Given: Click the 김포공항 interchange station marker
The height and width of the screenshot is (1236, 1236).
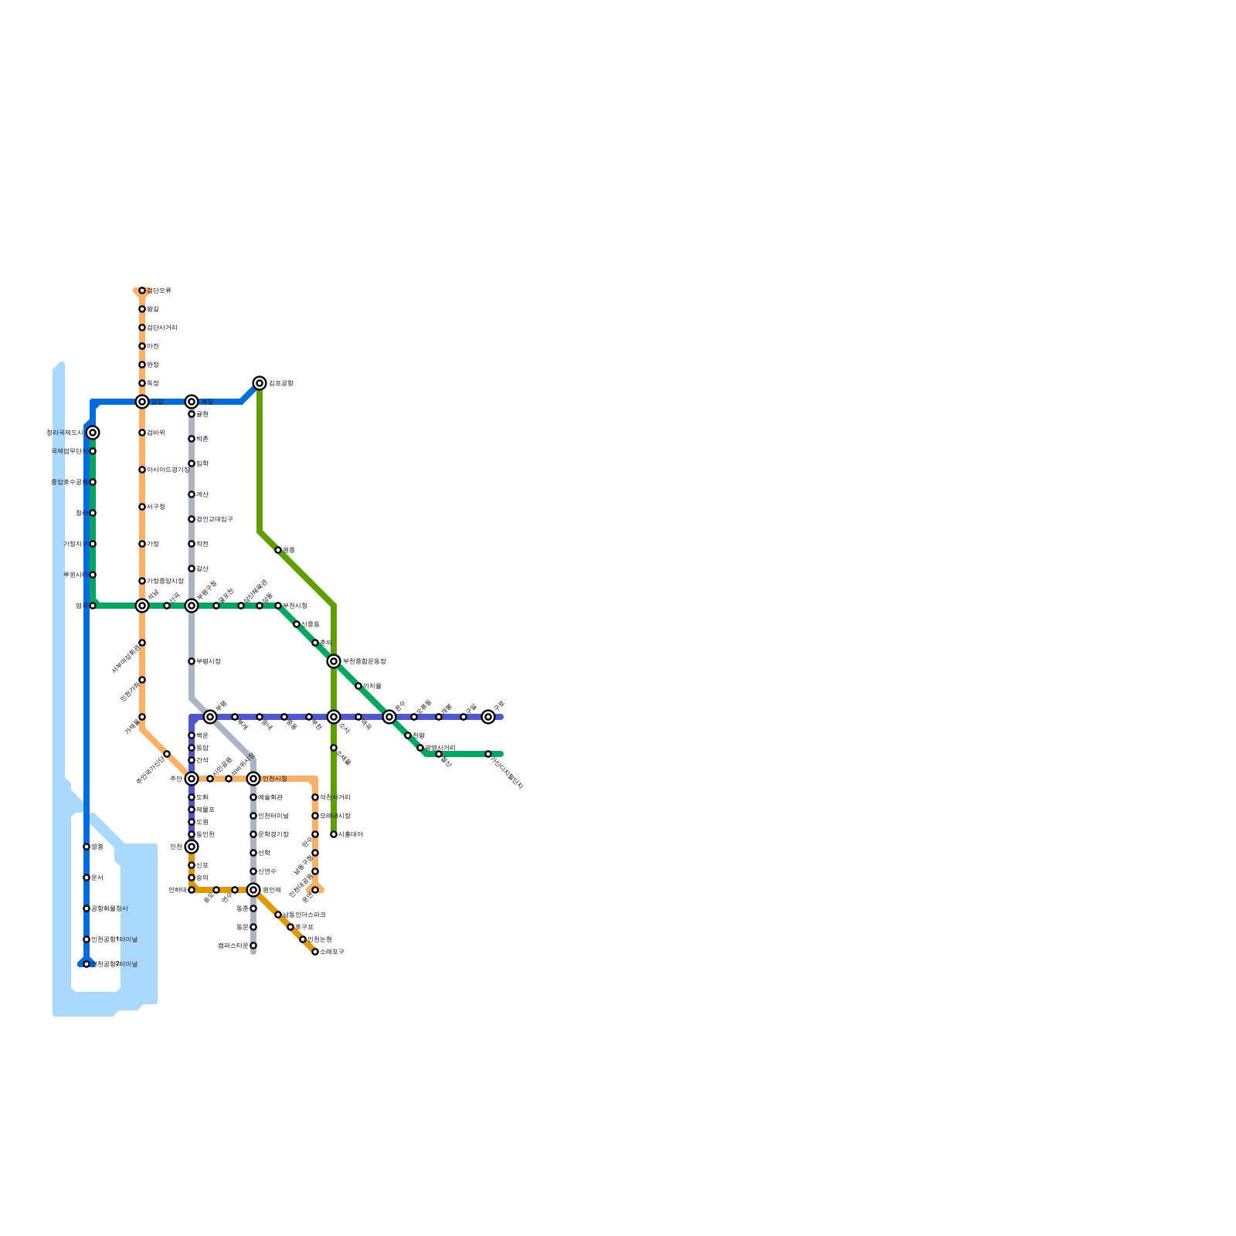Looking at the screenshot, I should [260, 383].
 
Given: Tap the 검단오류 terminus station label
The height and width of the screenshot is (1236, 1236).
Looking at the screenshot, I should [159, 290].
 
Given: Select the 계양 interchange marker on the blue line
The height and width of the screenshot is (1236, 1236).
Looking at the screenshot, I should [192, 402].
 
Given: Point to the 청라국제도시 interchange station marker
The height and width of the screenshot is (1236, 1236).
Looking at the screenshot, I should [93, 433].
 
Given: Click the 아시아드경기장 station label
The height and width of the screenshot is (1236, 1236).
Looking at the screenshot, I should [168, 470].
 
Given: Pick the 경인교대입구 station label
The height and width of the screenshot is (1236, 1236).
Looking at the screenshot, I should [215, 519].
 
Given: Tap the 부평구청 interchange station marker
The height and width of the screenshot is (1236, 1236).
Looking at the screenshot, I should [192, 606].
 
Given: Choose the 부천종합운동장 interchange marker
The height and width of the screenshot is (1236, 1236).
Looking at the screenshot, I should [334, 661].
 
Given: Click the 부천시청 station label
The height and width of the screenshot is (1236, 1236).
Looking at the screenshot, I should [295, 606].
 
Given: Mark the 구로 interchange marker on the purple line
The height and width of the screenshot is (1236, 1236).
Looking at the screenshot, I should [488, 717].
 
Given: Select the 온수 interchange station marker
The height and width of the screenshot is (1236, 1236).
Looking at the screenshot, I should [389, 717].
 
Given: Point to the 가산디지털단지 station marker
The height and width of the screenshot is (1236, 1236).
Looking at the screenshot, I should [488, 754].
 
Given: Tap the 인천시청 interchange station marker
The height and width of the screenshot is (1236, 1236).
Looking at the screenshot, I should [253, 779].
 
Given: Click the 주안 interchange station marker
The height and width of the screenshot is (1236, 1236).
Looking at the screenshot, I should [192, 779].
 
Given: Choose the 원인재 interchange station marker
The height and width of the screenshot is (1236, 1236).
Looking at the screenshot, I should [253, 890].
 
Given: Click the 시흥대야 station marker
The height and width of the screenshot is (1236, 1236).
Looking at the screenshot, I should [334, 834].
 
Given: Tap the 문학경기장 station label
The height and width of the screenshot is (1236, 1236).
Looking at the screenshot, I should [273, 834].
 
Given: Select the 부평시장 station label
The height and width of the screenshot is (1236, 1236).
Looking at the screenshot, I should [209, 661].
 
